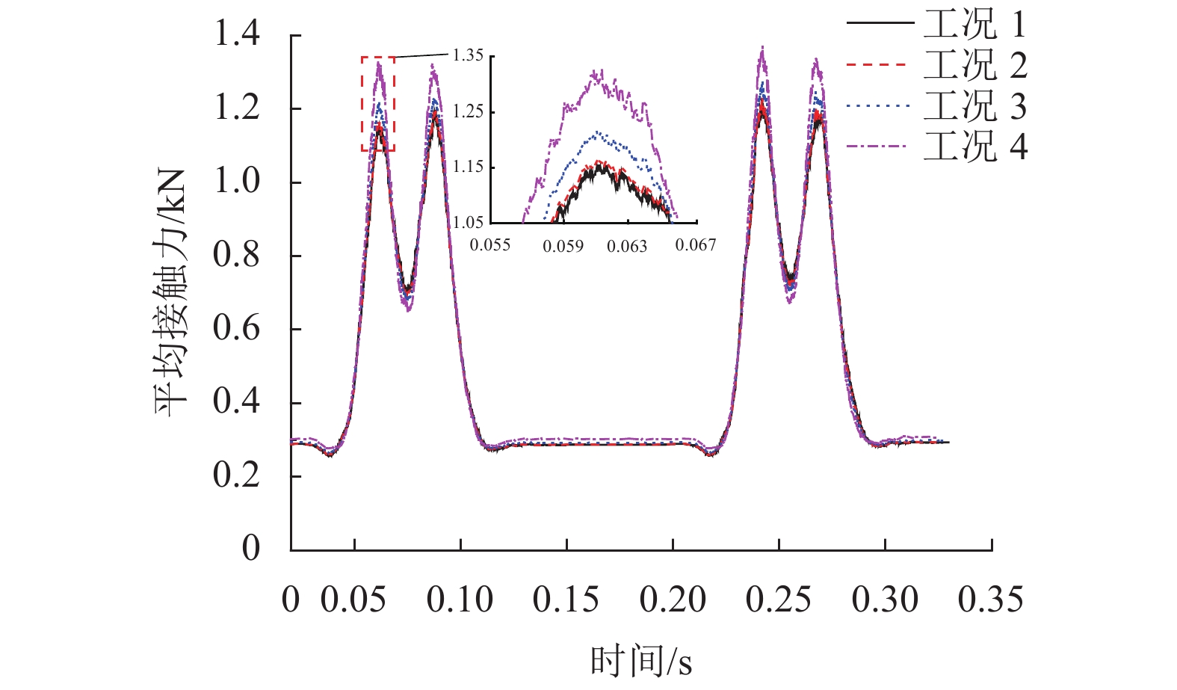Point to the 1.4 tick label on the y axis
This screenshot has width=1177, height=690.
[237, 34]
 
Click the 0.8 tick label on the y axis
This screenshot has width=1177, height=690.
[237, 255]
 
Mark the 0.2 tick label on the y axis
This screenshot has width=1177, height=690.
[237, 475]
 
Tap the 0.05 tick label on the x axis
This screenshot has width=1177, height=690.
[353, 600]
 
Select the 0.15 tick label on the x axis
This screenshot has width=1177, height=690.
[566, 600]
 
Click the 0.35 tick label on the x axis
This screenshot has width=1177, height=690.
[991, 600]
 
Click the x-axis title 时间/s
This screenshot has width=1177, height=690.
[640, 662]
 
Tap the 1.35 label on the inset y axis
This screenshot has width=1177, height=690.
[469, 55]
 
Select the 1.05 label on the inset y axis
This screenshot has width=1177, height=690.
[469, 222]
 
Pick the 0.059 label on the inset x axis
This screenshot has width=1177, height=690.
[563, 246]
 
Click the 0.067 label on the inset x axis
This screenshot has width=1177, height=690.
[696, 245]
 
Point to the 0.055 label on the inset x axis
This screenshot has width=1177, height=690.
[490, 245]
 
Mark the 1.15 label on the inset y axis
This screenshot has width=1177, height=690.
[469, 167]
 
